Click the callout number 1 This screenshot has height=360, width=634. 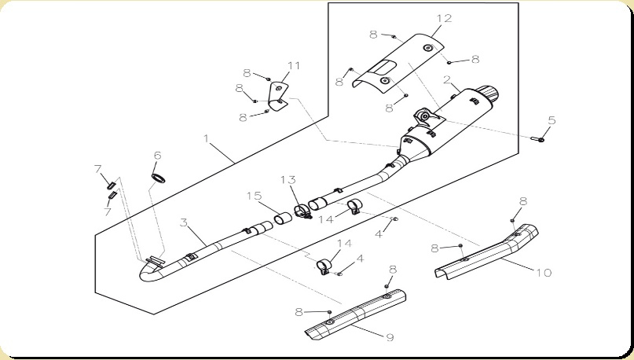coord(206,139)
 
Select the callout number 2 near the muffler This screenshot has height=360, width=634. coord(447,79)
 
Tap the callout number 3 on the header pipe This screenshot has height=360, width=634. coord(184,222)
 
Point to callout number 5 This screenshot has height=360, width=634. coord(552,120)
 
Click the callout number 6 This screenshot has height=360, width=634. coord(157,156)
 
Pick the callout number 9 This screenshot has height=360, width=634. coord(390,337)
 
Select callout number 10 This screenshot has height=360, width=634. coord(544,273)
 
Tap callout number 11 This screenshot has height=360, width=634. coord(294,65)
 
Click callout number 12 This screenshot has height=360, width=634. coord(444,18)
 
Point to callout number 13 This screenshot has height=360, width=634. coord(288,179)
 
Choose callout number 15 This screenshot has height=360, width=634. coord(255,197)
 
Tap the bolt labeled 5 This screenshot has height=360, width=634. coord(537,140)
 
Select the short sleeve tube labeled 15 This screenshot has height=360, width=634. coord(283,218)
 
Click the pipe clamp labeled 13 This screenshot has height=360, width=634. coord(302,212)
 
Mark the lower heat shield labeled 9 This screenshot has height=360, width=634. coord(356,314)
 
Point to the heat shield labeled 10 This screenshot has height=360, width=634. coord(486,252)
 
